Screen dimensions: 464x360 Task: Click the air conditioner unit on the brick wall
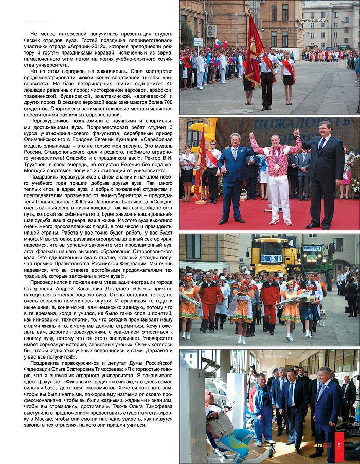point(211,31)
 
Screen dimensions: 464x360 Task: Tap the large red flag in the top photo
point(253,51)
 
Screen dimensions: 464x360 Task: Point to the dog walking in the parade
point(322,319)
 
